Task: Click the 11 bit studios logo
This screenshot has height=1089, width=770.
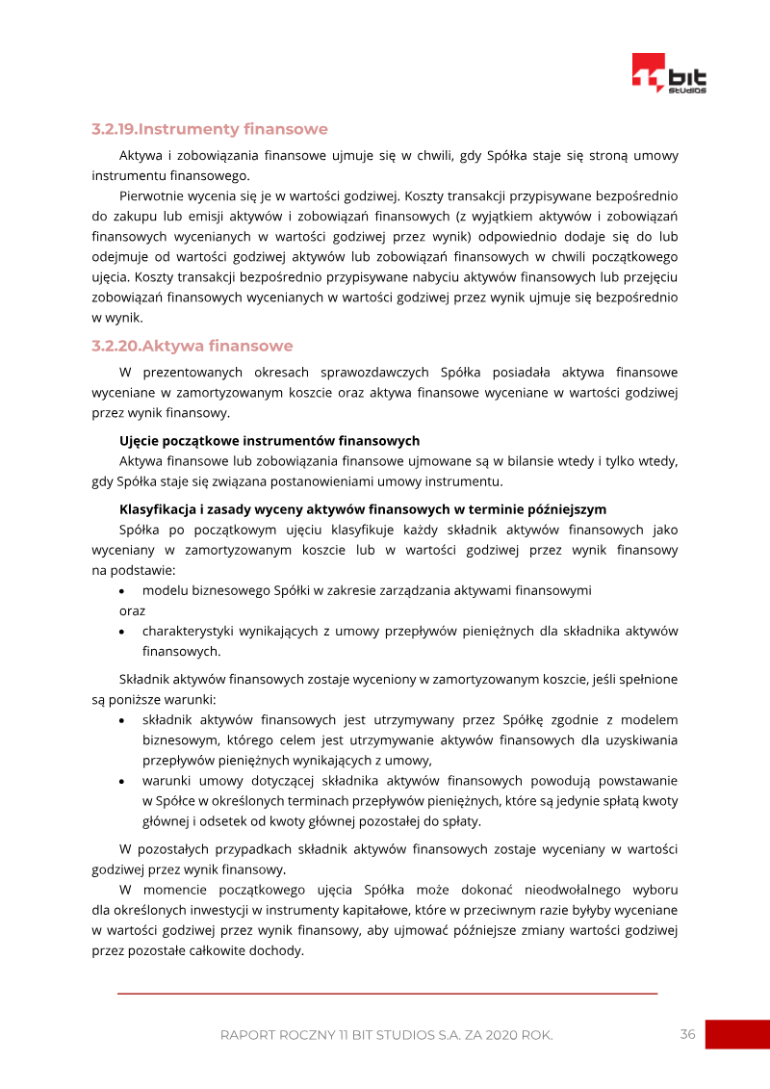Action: (669, 74)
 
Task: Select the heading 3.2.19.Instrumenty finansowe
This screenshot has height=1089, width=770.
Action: (210, 129)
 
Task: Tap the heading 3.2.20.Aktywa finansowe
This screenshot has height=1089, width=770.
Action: (192, 346)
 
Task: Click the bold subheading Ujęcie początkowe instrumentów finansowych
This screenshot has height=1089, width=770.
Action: (269, 441)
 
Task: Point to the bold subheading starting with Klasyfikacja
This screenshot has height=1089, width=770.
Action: (363, 509)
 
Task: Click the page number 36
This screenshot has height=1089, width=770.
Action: (687, 1034)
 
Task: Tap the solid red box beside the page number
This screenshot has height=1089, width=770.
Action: (737, 1034)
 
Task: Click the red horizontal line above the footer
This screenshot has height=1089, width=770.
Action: (387, 993)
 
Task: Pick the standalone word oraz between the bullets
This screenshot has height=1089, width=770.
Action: (133, 610)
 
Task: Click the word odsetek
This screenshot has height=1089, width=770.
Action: (222, 821)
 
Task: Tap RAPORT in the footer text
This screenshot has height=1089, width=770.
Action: (248, 1035)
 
